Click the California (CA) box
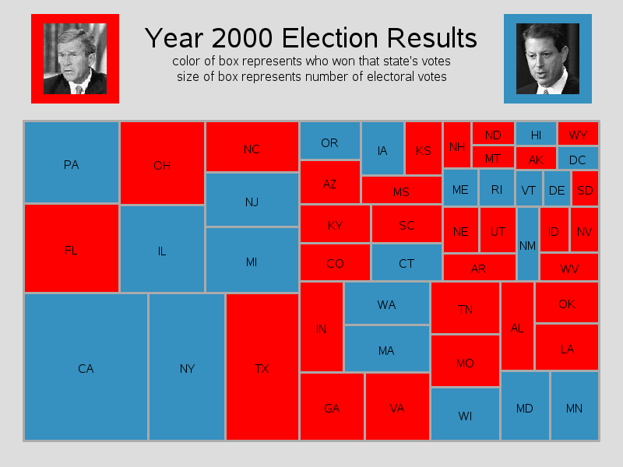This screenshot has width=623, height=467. click(86, 367)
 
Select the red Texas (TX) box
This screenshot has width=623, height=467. click(262, 367)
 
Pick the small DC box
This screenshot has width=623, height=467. click(577, 159)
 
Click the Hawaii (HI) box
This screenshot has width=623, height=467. click(536, 134)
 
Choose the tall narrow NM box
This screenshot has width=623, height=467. click(527, 244)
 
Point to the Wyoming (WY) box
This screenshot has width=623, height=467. click(578, 134)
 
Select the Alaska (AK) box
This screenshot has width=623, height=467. click(536, 159)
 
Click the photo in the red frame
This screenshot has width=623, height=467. click(75, 58)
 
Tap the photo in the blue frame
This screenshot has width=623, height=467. click(547, 58)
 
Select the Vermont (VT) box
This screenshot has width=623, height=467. click(528, 189)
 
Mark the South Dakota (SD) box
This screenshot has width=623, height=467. click(585, 189)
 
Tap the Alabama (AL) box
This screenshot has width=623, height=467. click(517, 327)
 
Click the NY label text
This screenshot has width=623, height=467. click(187, 369)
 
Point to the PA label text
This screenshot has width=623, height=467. click(71, 164)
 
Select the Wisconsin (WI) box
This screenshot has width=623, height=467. click(465, 414)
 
